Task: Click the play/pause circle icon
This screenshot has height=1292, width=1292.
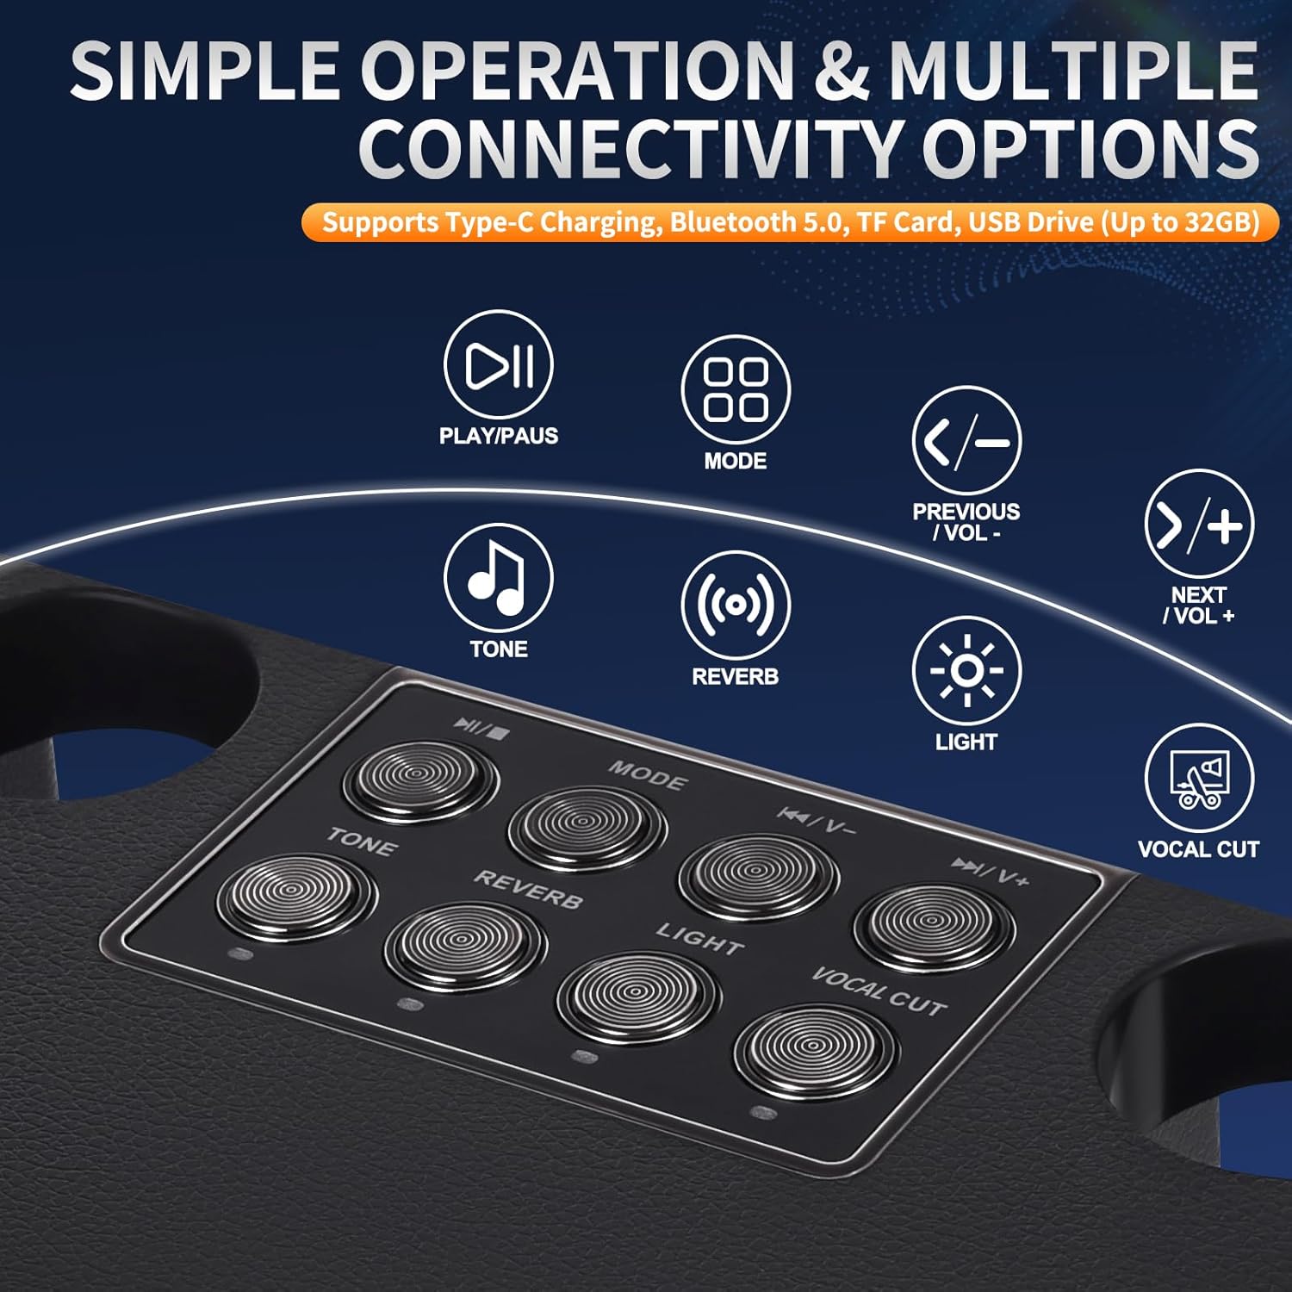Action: pos(498,364)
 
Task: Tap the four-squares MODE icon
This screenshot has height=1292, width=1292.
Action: pos(736,389)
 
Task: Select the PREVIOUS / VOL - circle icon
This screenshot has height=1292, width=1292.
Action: pos(966,440)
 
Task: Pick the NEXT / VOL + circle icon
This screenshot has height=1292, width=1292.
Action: pos(1199,524)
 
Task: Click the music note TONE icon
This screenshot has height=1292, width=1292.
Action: pos(498,578)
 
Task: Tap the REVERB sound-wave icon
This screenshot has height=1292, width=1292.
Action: pos(736,605)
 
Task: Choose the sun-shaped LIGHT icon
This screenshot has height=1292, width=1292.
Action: pos(966,670)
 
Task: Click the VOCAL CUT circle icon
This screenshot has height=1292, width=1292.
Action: pos(1199,778)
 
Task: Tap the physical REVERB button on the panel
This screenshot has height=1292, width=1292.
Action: pos(465,946)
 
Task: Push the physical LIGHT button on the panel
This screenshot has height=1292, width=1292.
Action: pos(638,997)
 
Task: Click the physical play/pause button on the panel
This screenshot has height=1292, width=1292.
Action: pos(420,780)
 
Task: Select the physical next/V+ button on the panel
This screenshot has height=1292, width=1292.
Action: pos(935,926)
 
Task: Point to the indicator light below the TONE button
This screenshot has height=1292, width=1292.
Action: pos(240,954)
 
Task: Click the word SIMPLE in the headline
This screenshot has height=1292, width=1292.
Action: pos(205,71)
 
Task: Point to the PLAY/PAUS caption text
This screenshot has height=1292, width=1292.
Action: pos(499,436)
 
